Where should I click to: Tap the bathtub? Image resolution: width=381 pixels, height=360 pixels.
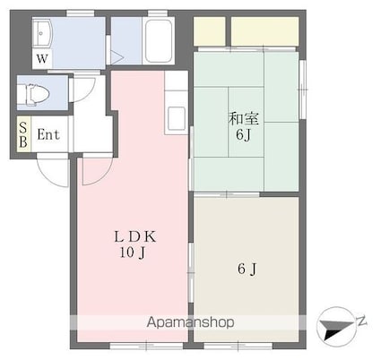[158, 40]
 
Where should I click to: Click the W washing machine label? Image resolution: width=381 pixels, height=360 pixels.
[41, 59]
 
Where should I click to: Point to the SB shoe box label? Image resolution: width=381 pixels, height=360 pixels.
[23, 135]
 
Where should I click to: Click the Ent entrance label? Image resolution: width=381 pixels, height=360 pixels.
[48, 135]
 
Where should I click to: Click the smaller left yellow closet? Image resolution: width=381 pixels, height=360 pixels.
[210, 31]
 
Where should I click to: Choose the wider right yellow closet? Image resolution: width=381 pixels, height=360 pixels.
[264, 31]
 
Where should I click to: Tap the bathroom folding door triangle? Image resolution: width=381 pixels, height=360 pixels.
[115, 56]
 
